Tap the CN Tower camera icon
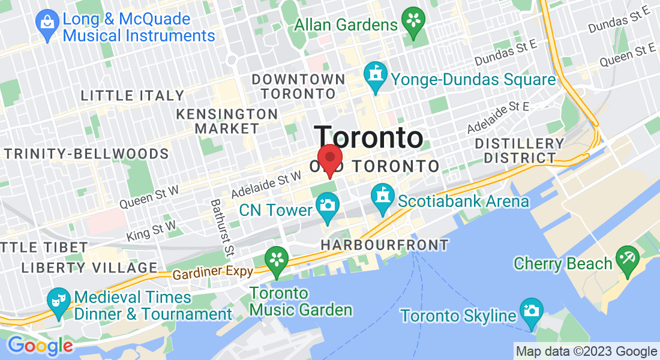point(327,205)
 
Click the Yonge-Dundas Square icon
point(376,75)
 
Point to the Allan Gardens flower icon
point(413,19)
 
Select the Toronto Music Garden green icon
point(277,259)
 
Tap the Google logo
point(40,346)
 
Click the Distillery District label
point(519,151)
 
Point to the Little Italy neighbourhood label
point(133,95)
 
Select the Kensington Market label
point(227,121)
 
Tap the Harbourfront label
point(385,245)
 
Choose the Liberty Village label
point(89,267)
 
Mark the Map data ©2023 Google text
point(586,352)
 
